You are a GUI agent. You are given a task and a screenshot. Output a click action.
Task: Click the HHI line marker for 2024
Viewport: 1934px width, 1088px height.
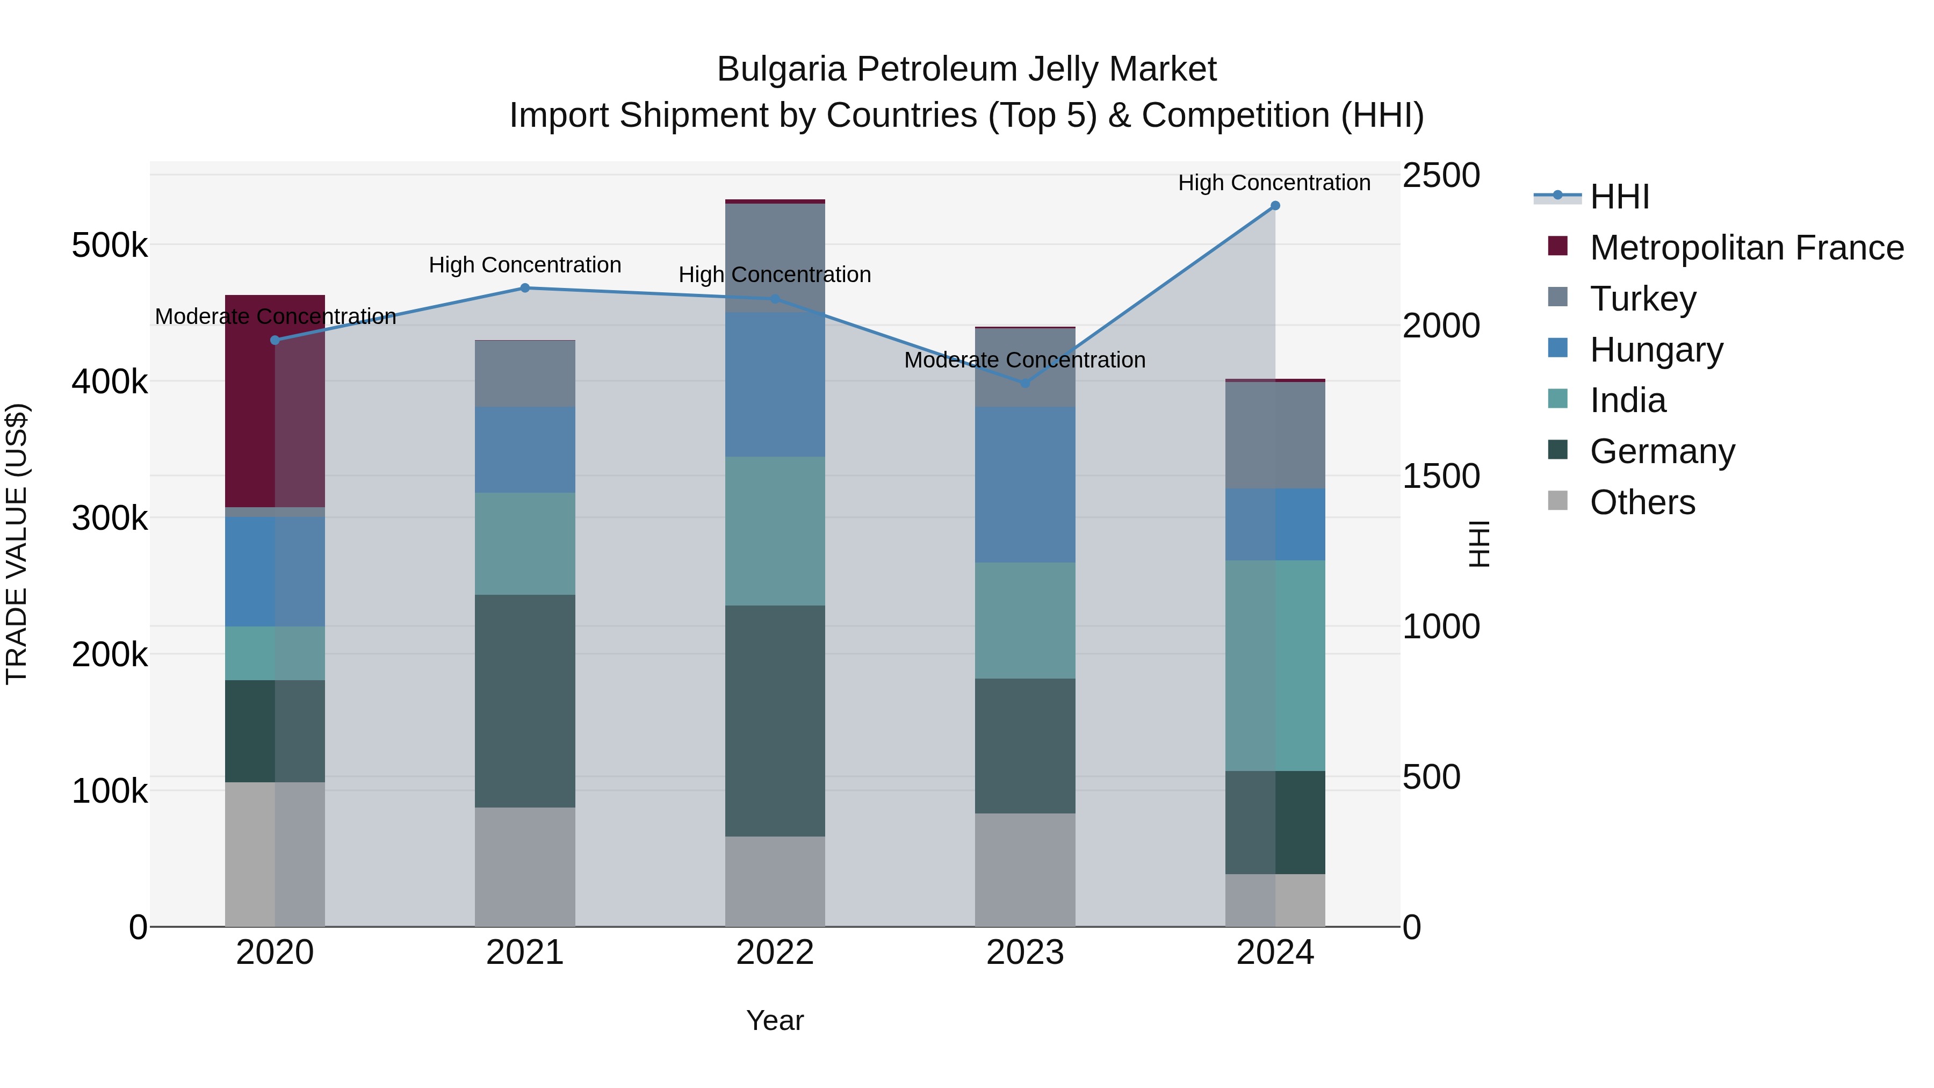point(1275,206)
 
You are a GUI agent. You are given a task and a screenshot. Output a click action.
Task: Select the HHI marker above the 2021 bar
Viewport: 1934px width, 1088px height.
point(525,287)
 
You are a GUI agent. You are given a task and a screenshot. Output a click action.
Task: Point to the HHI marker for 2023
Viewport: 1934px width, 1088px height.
point(1025,383)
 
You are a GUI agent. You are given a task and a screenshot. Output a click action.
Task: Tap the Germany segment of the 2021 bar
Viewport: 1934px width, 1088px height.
point(525,701)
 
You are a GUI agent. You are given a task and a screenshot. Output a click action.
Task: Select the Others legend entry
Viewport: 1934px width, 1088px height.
point(1642,502)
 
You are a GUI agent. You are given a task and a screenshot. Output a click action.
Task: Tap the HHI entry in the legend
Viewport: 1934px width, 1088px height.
point(1619,197)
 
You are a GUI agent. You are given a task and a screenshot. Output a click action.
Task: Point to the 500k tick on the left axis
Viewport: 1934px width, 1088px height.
point(110,246)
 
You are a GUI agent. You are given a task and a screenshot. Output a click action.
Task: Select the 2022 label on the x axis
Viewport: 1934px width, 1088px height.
point(775,953)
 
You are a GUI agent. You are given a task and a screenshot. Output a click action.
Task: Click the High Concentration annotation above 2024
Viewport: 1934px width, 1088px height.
point(1274,183)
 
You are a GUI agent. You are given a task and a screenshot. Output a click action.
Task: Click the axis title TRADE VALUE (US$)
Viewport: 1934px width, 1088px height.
point(17,544)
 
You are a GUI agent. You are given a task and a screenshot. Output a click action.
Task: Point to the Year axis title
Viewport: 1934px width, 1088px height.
point(775,1020)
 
